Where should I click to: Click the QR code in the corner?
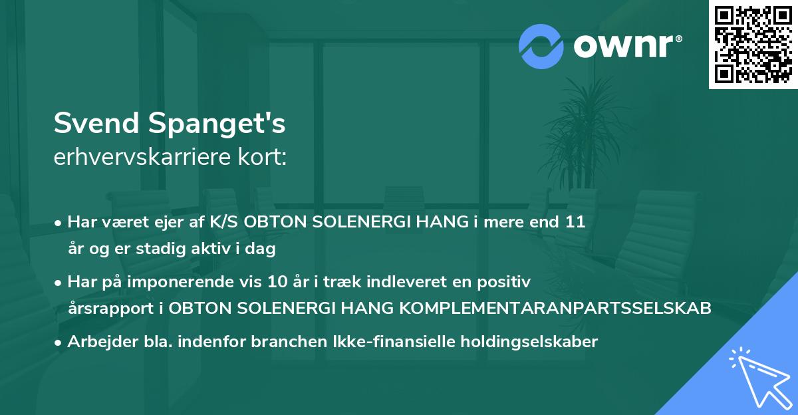[753, 45]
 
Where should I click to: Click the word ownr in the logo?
[626, 46]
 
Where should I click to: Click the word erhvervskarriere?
[142, 158]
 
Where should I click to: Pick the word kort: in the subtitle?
[262, 158]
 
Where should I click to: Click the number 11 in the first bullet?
[575, 222]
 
